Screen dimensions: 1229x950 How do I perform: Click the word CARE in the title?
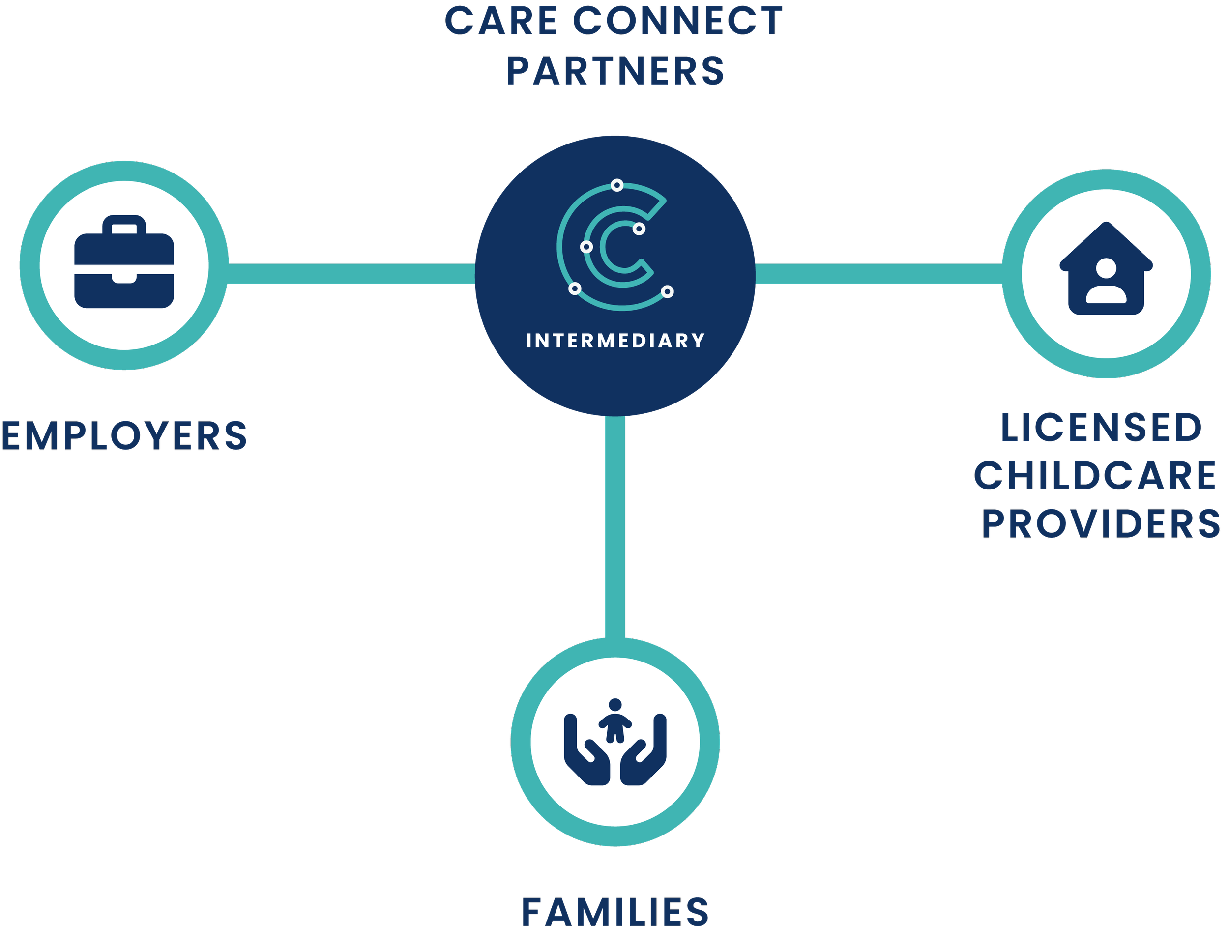tap(501, 21)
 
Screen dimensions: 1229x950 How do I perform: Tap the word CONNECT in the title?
tap(677, 21)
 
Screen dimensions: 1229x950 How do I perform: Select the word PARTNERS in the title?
tap(615, 71)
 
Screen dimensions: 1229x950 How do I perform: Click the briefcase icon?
tap(124, 261)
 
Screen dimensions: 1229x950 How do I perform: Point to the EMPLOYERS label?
tap(124, 435)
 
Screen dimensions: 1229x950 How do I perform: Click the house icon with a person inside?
tap(1106, 268)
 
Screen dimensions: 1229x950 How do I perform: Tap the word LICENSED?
tap(1102, 428)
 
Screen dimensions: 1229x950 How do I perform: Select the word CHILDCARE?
tap(1096, 476)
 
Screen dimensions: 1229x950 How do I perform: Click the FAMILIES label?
tap(615, 912)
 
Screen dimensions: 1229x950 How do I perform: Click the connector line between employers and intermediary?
tap(351, 274)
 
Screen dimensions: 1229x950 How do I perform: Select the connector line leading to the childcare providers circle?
tap(878, 274)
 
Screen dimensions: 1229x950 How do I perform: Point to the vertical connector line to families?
tap(615, 527)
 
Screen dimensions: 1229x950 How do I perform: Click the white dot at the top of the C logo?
tap(617, 185)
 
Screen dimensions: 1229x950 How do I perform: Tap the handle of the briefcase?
tap(124, 224)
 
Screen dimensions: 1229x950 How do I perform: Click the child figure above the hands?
tap(615, 720)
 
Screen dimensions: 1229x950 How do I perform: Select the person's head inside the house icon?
tap(1106, 268)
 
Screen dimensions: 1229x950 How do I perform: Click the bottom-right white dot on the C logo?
tap(668, 291)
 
